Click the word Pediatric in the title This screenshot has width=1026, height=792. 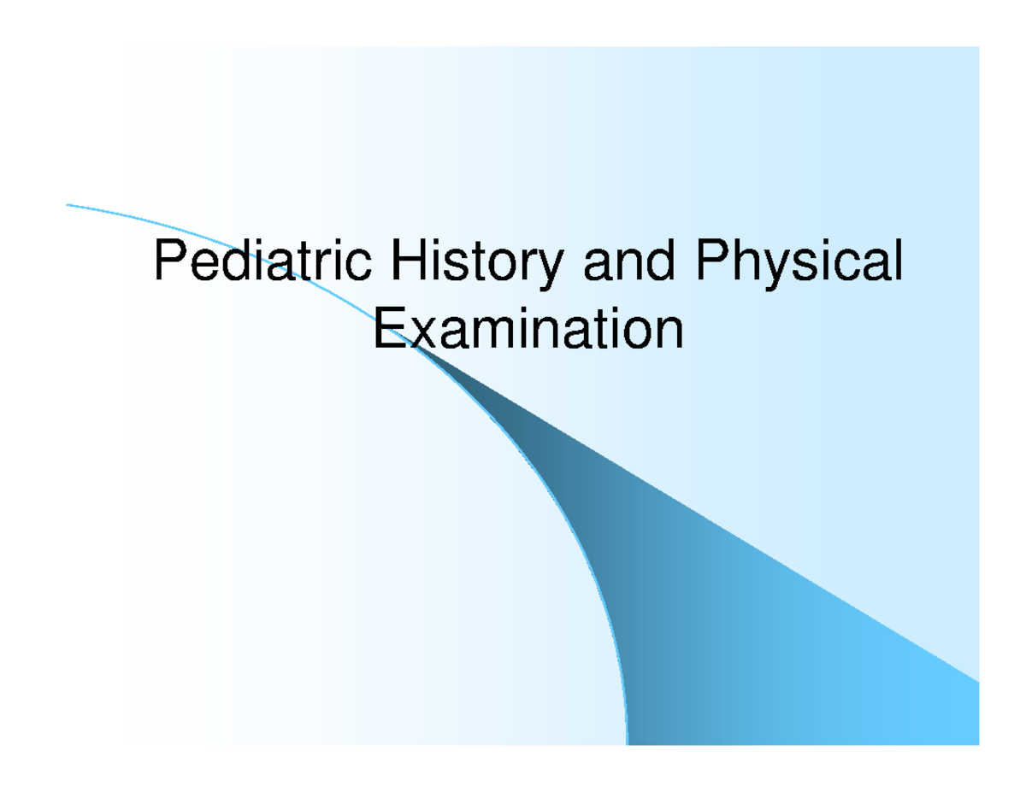click(263, 260)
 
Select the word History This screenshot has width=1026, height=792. click(477, 264)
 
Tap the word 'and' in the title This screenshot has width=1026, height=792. click(629, 260)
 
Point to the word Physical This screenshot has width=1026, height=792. click(799, 264)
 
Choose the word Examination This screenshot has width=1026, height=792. click(528, 328)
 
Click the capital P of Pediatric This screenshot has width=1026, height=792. click(171, 260)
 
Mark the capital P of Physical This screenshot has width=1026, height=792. click(713, 260)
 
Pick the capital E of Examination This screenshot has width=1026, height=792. click(390, 328)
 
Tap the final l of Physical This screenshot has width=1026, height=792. click(899, 260)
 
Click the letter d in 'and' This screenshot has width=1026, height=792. click(659, 261)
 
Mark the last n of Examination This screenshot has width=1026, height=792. click(669, 333)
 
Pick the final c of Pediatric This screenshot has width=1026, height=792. click(359, 266)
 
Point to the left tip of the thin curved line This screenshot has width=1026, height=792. click(67, 205)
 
